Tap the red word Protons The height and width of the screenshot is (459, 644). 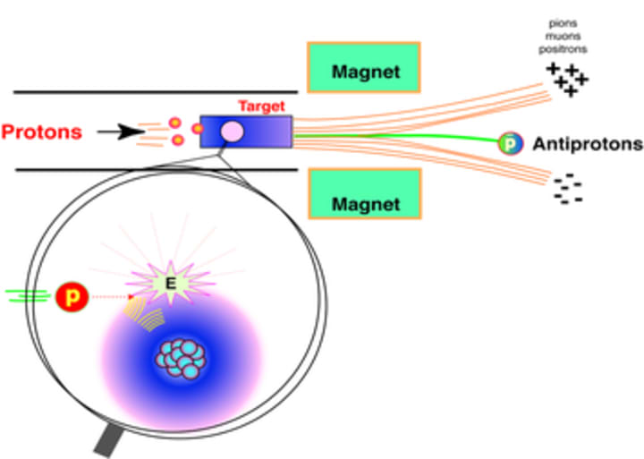click(x=41, y=132)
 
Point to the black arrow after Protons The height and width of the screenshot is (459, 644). click(x=121, y=132)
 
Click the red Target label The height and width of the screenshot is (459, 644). click(x=261, y=106)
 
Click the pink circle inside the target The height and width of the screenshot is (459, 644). click(x=232, y=132)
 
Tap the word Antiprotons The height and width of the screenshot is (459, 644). click(x=588, y=143)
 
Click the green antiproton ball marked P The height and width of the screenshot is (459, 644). click(x=509, y=141)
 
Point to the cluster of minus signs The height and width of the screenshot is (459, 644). click(x=567, y=191)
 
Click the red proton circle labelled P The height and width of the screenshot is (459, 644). click(x=71, y=295)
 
